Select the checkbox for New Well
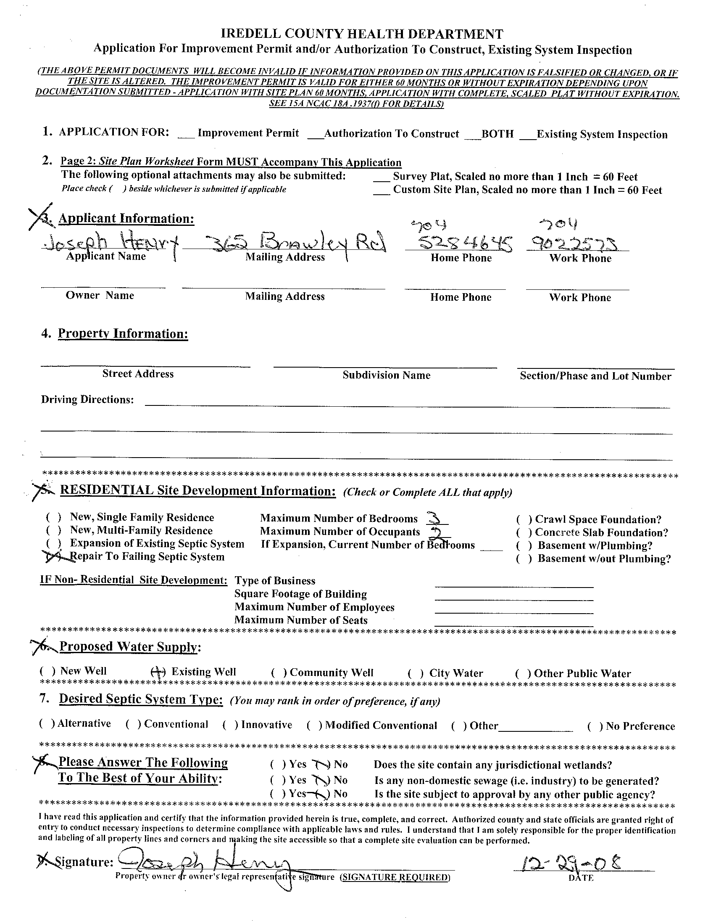[x=47, y=671]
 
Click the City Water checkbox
[x=416, y=673]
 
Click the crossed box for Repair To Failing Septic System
[x=53, y=557]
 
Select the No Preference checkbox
[x=595, y=726]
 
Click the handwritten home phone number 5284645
[x=465, y=243]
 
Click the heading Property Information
[x=123, y=334]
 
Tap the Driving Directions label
[x=87, y=400]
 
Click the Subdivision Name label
[x=386, y=375]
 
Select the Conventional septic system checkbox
[x=133, y=724]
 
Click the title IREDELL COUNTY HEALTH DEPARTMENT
[x=362, y=34]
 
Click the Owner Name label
[x=100, y=295]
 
